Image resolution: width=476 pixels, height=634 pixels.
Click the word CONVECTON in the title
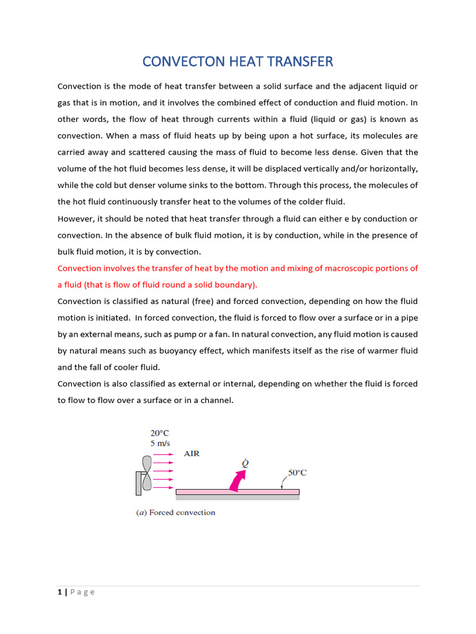tap(178, 61)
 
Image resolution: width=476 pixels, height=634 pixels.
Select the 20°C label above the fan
tap(160, 433)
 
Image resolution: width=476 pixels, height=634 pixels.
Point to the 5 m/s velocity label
tap(161, 443)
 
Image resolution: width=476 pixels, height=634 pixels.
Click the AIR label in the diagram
tap(192, 454)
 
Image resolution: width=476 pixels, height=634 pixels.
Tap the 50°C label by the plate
tap(297, 472)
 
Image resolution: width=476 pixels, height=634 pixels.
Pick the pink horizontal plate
tap(237, 492)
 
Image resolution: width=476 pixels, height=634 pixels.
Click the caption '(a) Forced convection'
tap(176, 513)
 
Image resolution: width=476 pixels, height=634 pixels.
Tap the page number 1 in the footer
tap(59, 592)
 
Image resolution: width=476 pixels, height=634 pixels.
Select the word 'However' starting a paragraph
tap(77, 219)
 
